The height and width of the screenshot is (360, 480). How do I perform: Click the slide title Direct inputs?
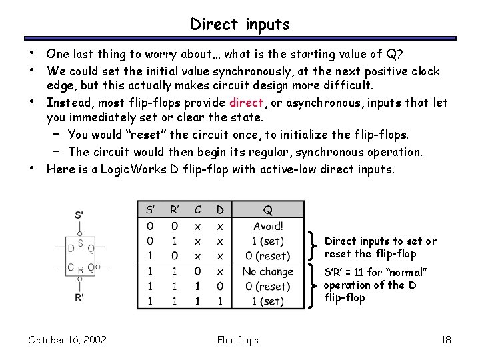[x=240, y=25]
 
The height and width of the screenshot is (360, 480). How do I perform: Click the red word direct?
[x=247, y=103]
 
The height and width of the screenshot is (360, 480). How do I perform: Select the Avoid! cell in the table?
[x=268, y=227]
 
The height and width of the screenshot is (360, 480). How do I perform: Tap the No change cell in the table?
[x=267, y=271]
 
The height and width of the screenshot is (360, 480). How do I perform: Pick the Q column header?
[x=267, y=210]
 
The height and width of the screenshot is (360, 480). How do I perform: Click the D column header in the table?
[x=220, y=210]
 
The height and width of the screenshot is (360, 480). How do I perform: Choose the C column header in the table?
[x=197, y=210]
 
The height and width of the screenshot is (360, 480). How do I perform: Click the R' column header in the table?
[x=174, y=210]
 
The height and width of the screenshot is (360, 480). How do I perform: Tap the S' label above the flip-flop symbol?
[x=79, y=215]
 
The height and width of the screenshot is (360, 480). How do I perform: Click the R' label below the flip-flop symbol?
[x=80, y=297]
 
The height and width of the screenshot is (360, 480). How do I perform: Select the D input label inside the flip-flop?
[x=71, y=248]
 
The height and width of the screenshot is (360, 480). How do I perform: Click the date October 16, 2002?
[x=67, y=340]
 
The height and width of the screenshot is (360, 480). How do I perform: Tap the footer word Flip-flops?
[x=238, y=340]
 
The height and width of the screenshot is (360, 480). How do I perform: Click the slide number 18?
[x=446, y=340]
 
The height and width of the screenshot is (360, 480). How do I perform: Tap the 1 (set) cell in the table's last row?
[x=267, y=301]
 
